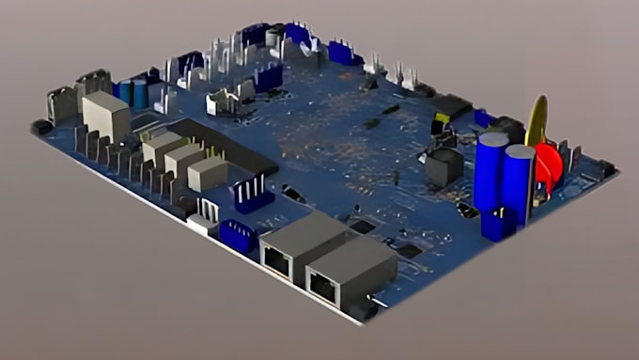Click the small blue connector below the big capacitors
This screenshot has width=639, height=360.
click(x=497, y=224)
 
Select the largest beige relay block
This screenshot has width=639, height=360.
click(x=105, y=116)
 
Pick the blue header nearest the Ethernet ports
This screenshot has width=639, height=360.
click(x=239, y=236)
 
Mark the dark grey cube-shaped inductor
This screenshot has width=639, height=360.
click(x=444, y=165)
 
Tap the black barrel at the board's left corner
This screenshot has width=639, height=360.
click(x=41, y=126)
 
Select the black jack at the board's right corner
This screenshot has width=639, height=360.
click(x=606, y=168)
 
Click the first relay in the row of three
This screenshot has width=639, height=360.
click(x=161, y=146)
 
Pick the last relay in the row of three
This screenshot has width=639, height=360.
click(x=207, y=173)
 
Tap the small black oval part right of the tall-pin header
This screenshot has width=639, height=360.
click(x=293, y=194)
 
